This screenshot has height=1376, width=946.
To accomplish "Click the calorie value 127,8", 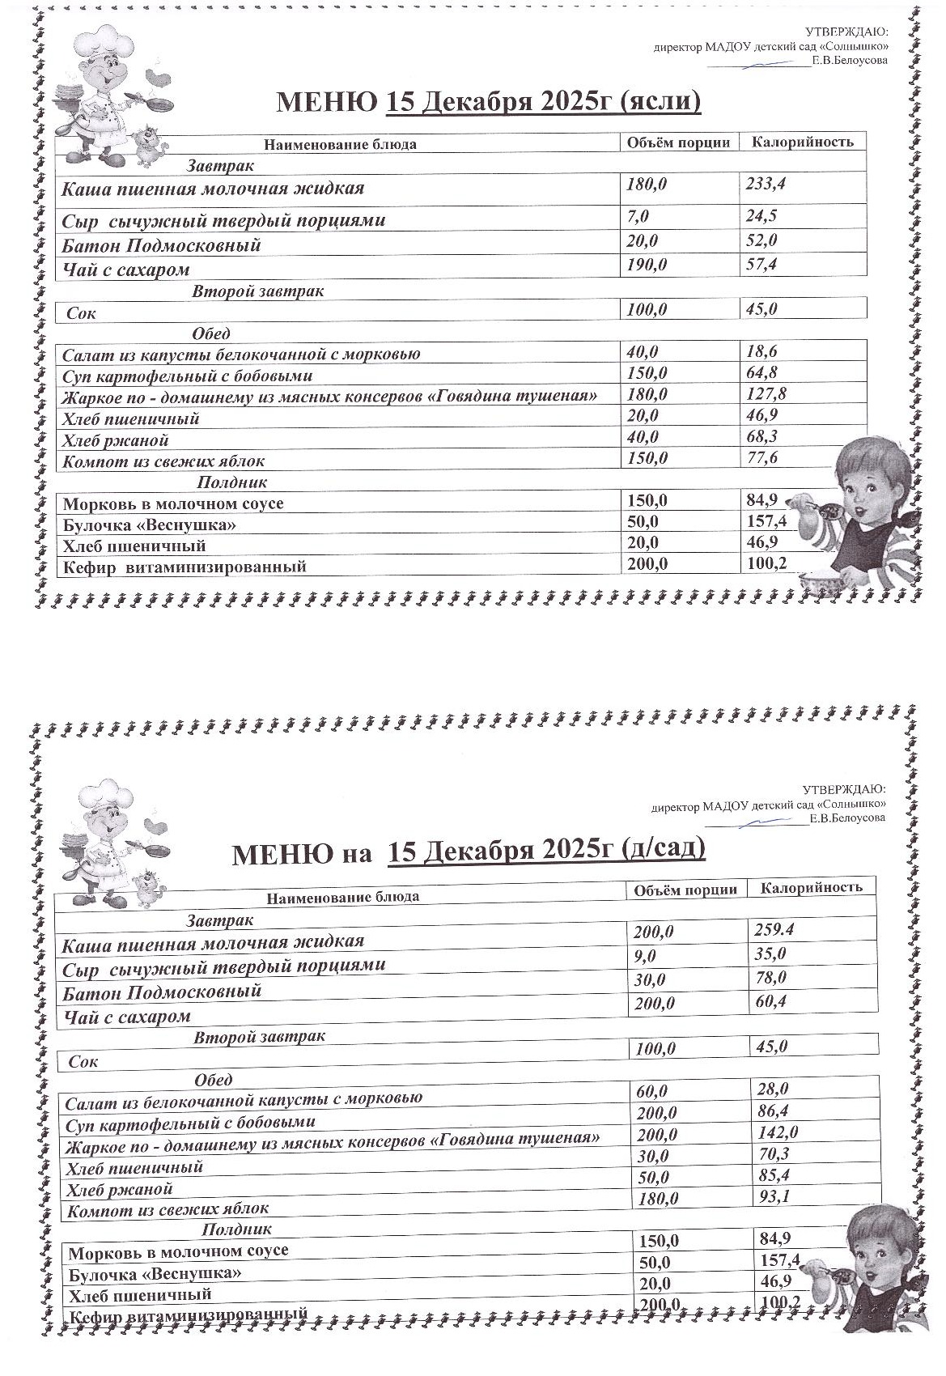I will coord(766,394).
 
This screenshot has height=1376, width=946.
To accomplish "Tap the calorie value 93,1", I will coord(771,1196).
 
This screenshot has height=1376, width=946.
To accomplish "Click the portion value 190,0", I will coord(647,265).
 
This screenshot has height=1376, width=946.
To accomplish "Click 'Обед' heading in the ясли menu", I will coord(211,333).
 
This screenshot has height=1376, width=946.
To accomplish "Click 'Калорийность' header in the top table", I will coord(802,142).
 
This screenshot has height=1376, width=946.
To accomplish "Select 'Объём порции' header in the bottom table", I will coord(685,890).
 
